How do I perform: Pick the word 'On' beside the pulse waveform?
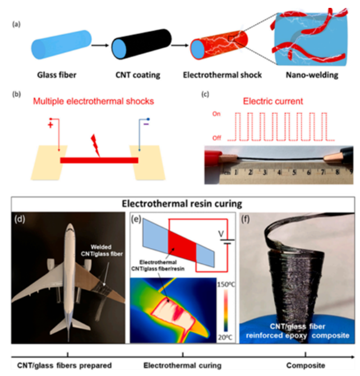click(215, 114)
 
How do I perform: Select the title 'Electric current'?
click(274, 102)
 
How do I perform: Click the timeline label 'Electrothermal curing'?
click(184, 365)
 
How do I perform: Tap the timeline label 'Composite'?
click(306, 365)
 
